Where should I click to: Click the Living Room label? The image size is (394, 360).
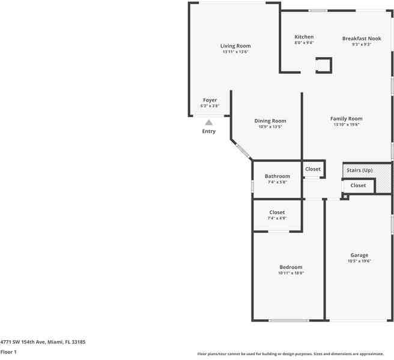[235, 46]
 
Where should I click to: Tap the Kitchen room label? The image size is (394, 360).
[304, 37]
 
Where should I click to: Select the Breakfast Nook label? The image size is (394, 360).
[362, 38]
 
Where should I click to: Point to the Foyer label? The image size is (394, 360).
[210, 100]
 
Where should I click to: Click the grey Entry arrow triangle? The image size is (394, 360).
[209, 122]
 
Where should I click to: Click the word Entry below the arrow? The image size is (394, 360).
[209, 131]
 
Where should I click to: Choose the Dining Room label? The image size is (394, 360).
[270, 121]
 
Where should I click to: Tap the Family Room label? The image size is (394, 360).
[347, 119]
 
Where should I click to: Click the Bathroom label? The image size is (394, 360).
[277, 176]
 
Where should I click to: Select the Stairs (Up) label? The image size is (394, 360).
[359, 170]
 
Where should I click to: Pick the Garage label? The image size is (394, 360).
[359, 255]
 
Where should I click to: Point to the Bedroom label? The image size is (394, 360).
[291, 267]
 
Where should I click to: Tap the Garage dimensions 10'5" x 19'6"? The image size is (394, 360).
[359, 261]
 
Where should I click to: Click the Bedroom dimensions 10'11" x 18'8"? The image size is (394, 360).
[291, 273]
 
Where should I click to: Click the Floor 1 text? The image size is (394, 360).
[8, 352]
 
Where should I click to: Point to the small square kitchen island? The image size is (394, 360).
[324, 65]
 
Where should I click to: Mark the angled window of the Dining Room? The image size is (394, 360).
[242, 151]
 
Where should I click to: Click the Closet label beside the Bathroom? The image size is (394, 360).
[313, 169]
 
